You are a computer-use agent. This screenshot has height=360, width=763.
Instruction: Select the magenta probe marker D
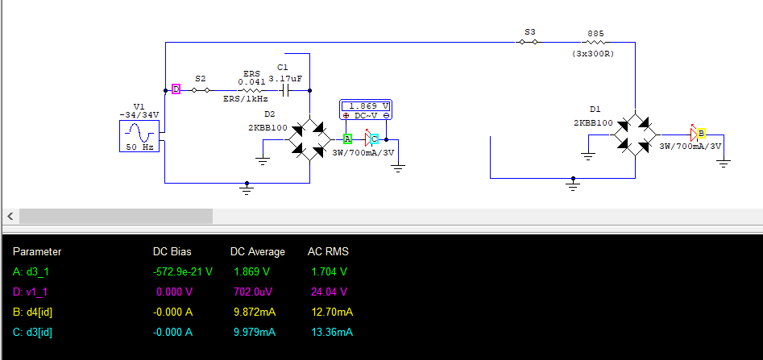pos(176,89)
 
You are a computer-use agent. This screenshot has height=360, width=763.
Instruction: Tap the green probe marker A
pos(347,139)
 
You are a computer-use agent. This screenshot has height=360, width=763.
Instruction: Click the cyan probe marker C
pos(375,139)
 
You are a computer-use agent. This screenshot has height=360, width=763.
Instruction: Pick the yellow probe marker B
pos(701,133)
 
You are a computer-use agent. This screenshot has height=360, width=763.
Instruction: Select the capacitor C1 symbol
pos(283,90)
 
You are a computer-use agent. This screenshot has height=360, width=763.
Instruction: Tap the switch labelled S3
pos(529,42)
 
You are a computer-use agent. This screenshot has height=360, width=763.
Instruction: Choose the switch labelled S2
pos(201,90)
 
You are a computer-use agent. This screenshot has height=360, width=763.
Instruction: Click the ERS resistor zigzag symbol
pos(250,90)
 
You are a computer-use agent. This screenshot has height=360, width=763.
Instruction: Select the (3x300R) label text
pos(594,54)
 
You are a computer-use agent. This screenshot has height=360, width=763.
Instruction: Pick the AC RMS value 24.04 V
pos(330,292)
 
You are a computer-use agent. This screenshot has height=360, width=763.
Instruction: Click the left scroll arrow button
pos(10,217)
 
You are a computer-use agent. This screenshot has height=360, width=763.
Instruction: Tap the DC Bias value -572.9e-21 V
pos(183,271)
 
